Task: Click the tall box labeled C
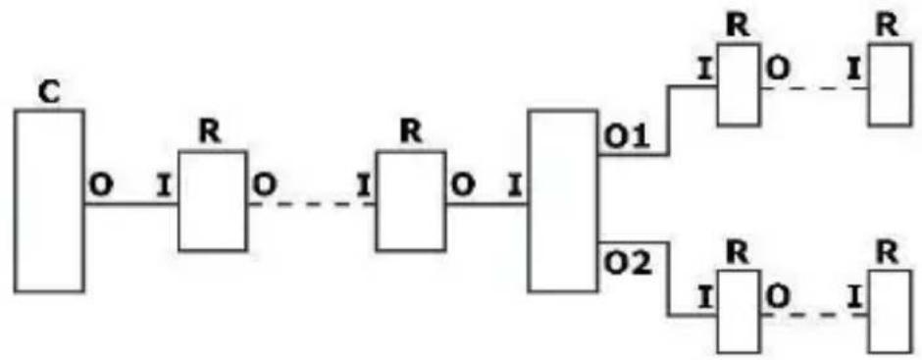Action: point(49,200)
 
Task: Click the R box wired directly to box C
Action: point(212,201)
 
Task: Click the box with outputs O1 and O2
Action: point(562,201)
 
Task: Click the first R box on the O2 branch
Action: point(737,309)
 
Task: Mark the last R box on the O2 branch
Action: point(889,309)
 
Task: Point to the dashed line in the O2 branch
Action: point(814,315)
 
